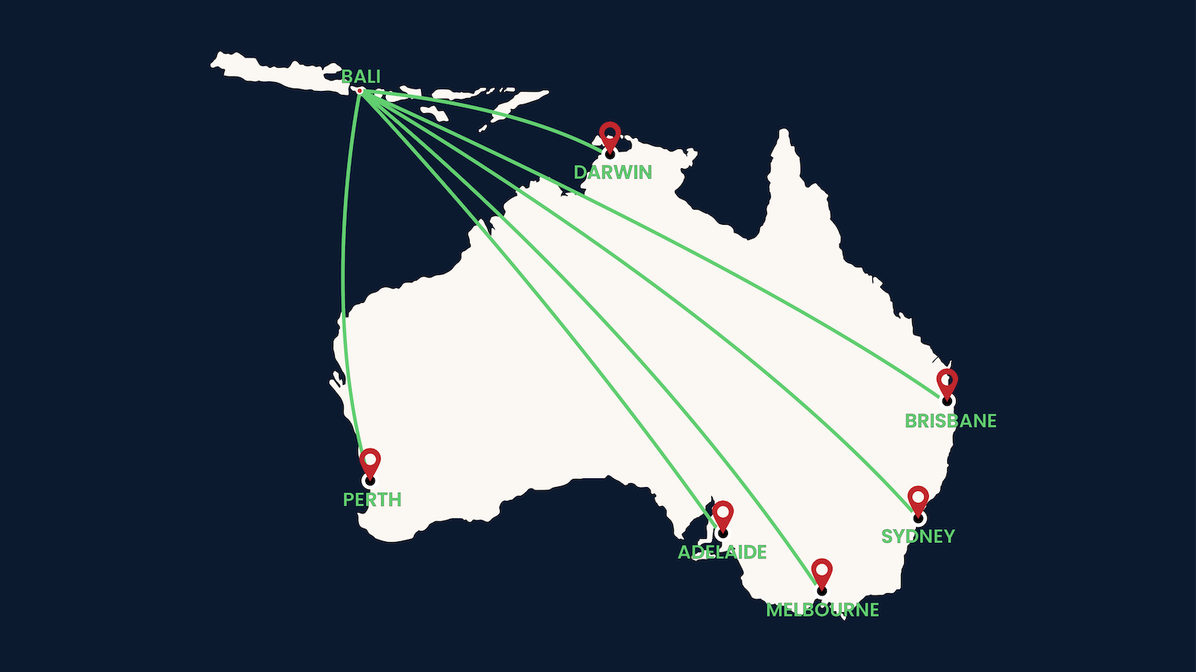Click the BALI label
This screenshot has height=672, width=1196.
tap(360, 77)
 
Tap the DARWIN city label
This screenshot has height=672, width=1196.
tap(612, 172)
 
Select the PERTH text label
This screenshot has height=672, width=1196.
tap(372, 500)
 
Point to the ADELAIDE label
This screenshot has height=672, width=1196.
tap(722, 552)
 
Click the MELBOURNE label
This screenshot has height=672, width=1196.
tap(822, 610)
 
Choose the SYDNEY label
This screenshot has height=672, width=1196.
tap(918, 536)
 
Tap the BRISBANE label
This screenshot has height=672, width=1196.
tap(950, 421)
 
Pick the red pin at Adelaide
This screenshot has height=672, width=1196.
tap(722, 513)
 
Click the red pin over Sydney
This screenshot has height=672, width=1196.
tap(919, 499)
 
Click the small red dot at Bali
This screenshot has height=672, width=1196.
tap(360, 91)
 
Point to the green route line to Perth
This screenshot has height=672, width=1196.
tap(343, 279)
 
